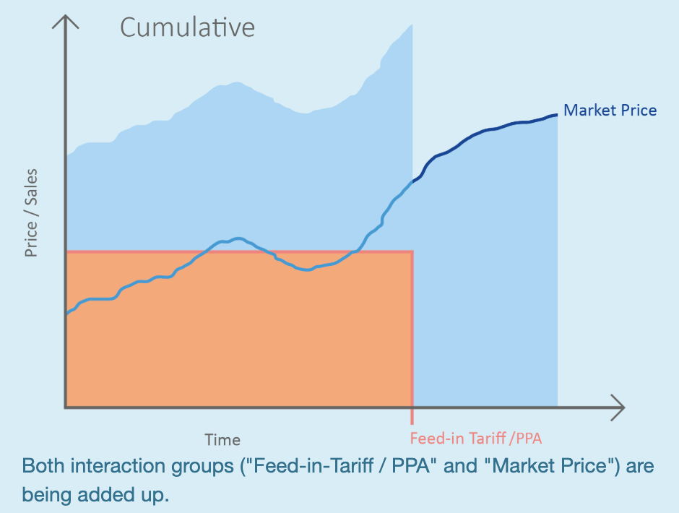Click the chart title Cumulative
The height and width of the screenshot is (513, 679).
[x=187, y=27]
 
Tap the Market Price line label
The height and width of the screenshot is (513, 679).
[x=610, y=111]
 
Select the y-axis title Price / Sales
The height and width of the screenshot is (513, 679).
[x=31, y=213]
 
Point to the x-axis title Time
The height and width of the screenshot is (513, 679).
[x=222, y=439]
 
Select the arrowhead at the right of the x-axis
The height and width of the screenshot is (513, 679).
[x=619, y=408]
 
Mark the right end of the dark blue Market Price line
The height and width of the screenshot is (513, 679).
[x=556, y=114]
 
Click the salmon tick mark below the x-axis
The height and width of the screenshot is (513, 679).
[x=412, y=417]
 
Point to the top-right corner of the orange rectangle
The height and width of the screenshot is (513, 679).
[x=412, y=251]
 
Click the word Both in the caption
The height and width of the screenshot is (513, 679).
[x=43, y=466]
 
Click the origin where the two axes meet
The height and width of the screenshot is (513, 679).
[x=66, y=408]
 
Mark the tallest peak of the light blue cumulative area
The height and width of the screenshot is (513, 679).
[x=411, y=25]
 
